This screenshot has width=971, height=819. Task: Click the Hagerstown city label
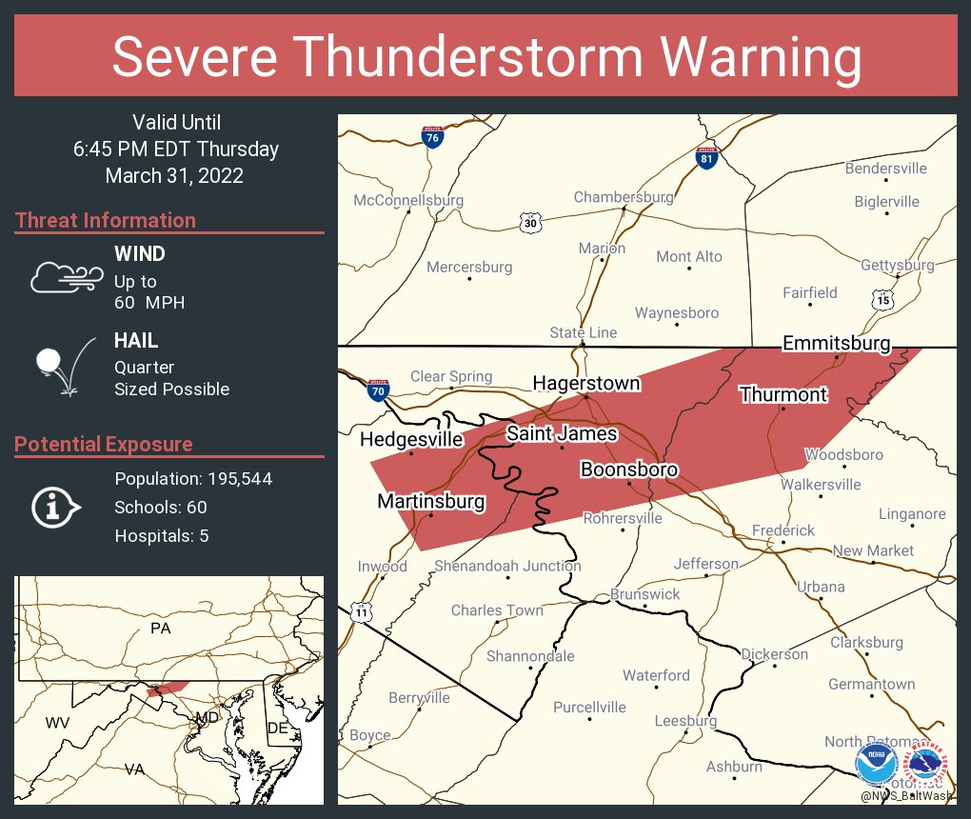(585, 384)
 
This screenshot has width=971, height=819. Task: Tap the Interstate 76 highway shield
(432, 137)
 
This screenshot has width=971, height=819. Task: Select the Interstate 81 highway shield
(705, 157)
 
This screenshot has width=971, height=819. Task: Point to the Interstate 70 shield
(378, 390)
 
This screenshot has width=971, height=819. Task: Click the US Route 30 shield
(530, 223)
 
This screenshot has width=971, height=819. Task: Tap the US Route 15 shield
(882, 300)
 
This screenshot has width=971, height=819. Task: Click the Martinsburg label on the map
(431, 501)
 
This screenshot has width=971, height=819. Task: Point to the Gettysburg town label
(897, 265)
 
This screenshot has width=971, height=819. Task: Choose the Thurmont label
(783, 394)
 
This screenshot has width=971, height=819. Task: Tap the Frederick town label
(783, 530)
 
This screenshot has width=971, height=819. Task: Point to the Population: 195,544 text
(193, 479)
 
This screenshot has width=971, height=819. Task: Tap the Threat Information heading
(106, 220)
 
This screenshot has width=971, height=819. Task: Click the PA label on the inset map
(160, 629)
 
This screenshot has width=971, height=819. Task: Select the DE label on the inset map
(277, 728)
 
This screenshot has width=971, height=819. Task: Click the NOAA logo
(876, 765)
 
